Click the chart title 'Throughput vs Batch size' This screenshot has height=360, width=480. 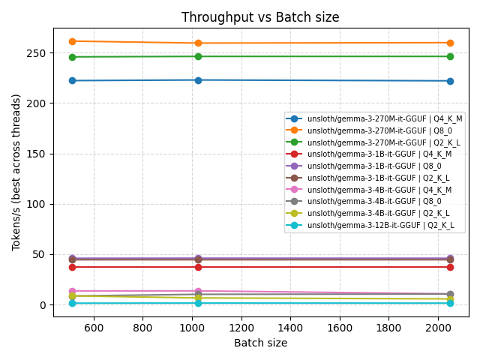[x=261, y=17]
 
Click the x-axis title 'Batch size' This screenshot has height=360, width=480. [x=261, y=343]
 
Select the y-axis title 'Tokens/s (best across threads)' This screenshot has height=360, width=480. [x=16, y=172]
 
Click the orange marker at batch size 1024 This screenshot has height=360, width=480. [x=198, y=43]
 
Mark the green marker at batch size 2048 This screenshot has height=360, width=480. [x=450, y=56]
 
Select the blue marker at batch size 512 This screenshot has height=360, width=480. [x=72, y=80]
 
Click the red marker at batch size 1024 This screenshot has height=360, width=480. [x=198, y=267]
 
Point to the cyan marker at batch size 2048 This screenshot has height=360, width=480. [x=450, y=303]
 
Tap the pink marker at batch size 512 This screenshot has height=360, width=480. [x=72, y=291]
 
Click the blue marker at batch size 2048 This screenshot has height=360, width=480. [x=450, y=81]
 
